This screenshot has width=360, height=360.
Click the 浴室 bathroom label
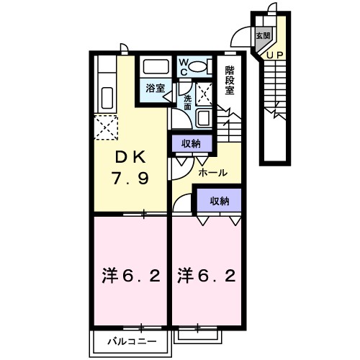pos(155,89)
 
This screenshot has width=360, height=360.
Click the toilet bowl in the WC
pos(201,66)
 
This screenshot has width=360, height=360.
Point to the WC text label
pos(183,67)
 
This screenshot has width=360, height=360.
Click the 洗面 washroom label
pos(187,102)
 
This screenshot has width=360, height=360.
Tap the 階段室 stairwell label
pos(230,80)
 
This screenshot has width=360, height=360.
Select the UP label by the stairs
pos(274,54)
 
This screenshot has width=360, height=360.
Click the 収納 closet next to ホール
pos(191,143)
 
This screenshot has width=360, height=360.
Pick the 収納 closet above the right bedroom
pos(220,202)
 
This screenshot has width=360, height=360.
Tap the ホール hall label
pos(213,173)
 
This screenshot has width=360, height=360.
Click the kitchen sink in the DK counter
pos(105,96)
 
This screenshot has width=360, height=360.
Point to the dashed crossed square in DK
pos(106,129)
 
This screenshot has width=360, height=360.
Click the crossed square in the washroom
pos(204,93)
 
